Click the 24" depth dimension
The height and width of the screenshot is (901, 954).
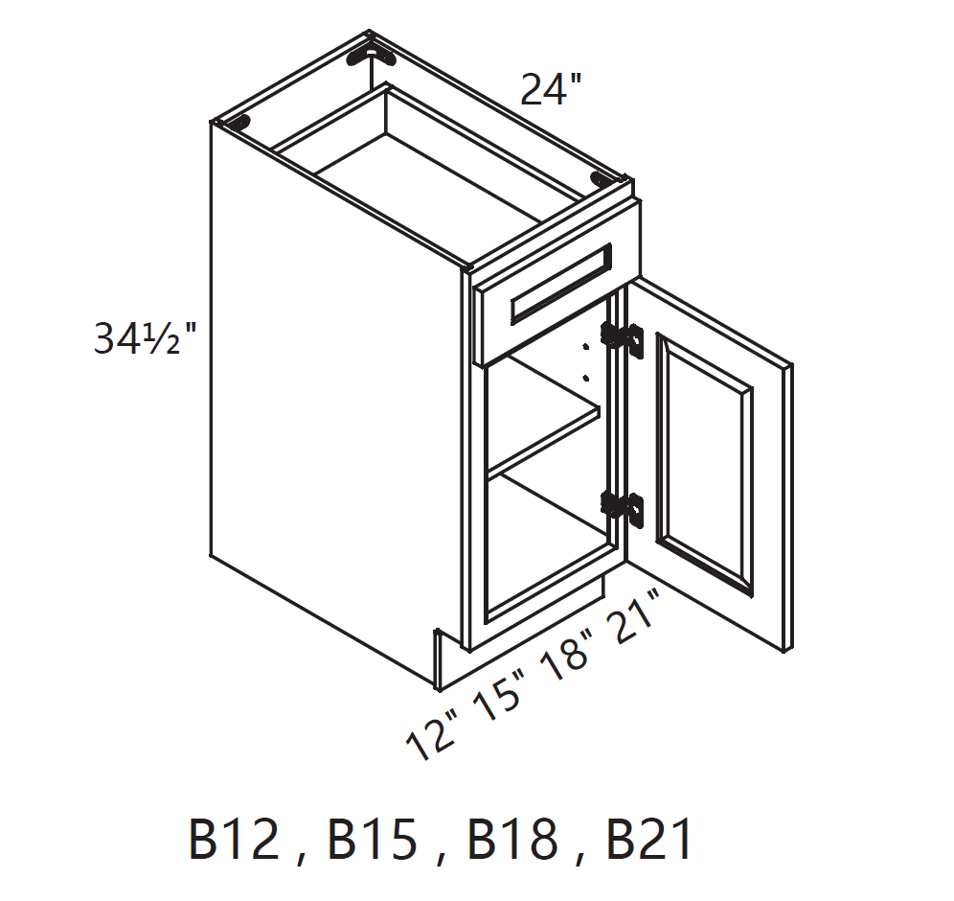pyautogui.click(x=551, y=90)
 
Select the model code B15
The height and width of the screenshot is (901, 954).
pyautogui.click(x=373, y=841)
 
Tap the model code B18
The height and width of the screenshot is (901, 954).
pyautogui.click(x=511, y=841)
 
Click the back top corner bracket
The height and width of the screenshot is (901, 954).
pyautogui.click(x=369, y=54)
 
